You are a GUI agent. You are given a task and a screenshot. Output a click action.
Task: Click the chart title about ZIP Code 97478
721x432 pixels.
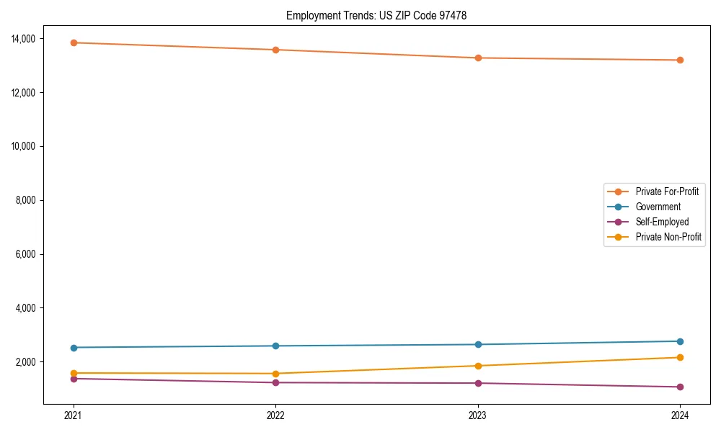(x=376, y=15)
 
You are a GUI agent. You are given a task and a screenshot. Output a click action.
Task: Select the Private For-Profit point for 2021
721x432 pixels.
(x=73, y=42)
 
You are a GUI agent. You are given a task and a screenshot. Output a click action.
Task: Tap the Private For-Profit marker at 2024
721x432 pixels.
(x=680, y=60)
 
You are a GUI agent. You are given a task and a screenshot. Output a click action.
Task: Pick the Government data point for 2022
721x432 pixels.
(x=275, y=346)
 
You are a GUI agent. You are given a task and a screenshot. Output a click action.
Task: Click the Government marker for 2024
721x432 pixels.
(x=680, y=341)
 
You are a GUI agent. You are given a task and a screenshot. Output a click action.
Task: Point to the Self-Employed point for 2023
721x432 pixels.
(x=477, y=383)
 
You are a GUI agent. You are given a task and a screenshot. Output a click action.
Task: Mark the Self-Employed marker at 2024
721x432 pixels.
(x=680, y=387)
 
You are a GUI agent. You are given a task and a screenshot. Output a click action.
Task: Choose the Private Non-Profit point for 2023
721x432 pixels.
(x=477, y=366)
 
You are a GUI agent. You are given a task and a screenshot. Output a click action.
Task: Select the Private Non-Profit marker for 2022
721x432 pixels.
(x=275, y=374)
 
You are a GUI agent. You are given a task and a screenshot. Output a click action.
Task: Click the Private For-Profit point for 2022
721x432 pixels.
(x=275, y=50)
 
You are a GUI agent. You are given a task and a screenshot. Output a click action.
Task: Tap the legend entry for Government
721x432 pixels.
(x=658, y=207)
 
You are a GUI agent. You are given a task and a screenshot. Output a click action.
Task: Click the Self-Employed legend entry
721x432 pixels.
(x=662, y=222)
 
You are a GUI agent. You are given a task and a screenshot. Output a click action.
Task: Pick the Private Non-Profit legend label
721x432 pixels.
(x=668, y=237)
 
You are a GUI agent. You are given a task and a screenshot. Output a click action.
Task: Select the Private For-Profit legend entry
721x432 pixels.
(x=667, y=192)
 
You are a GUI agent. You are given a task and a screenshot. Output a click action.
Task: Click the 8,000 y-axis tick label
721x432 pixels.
(x=30, y=200)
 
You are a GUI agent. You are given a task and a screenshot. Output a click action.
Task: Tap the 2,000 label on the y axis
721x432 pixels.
(x=30, y=362)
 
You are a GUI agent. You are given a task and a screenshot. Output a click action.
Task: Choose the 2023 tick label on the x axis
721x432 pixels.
(x=477, y=415)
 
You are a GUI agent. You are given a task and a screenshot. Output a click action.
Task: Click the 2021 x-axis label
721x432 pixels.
(x=73, y=415)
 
